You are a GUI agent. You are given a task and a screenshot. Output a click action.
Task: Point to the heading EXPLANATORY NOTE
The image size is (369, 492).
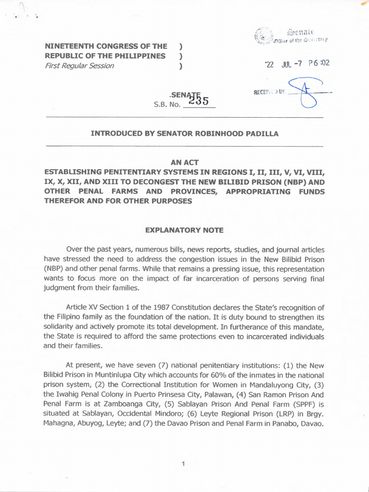pos(184,230)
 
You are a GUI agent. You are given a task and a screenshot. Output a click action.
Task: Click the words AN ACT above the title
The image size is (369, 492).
pos(184,162)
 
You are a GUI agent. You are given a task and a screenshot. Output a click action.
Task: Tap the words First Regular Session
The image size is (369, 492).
pos(79,65)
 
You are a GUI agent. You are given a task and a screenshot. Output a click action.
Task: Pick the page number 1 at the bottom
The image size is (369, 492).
pos(184,464)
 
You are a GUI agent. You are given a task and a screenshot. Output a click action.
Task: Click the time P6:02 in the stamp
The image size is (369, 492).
pos(319,63)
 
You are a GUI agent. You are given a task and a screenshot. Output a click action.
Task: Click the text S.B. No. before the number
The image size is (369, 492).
pos(166,103)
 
